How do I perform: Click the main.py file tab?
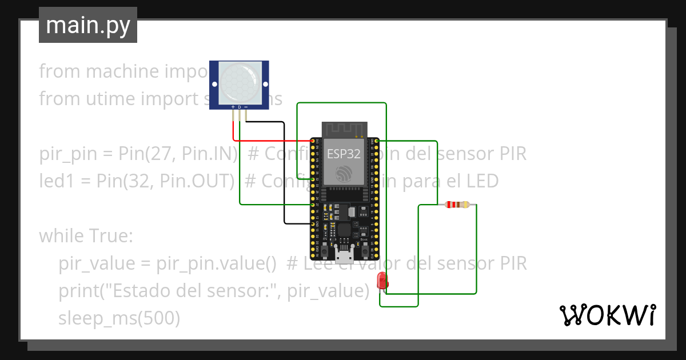point(87,25)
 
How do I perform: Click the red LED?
point(382,281)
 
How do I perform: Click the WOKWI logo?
point(607,314)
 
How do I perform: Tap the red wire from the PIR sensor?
point(269,141)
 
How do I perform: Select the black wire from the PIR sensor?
point(284,171)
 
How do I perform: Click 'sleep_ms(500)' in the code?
point(119,318)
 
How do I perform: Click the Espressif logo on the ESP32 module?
point(344,173)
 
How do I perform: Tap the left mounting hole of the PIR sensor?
point(215,84)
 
